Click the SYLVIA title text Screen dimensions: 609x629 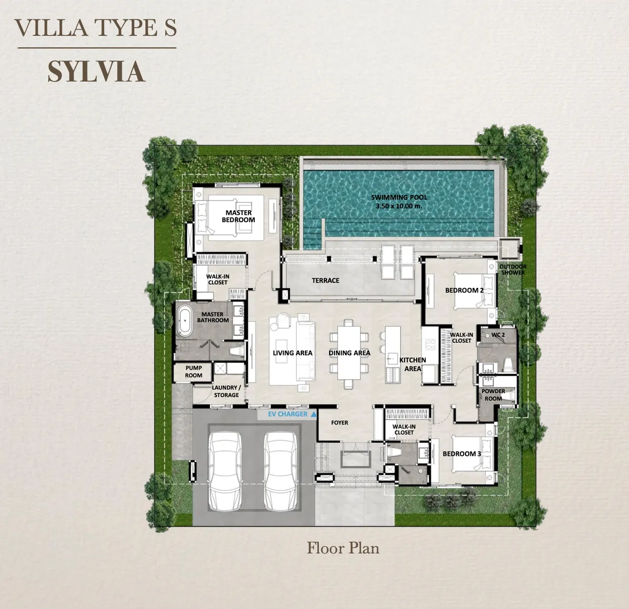click(96, 72)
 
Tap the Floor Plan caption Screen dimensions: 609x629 click(343, 548)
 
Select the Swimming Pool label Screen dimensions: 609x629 click(399, 202)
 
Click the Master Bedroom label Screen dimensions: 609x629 click(238, 216)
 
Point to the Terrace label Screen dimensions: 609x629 click(326, 280)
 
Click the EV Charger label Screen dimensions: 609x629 click(288, 414)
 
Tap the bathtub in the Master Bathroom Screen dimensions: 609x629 click(184, 321)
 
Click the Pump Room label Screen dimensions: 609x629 click(193, 372)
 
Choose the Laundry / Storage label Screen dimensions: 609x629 click(226, 391)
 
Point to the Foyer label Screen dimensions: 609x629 click(340, 422)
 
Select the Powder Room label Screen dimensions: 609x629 click(493, 395)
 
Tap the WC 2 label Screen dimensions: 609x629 click(498, 335)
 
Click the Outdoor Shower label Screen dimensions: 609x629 click(513, 269)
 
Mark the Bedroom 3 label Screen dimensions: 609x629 click(462, 454)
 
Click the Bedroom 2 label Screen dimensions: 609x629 click(464, 290)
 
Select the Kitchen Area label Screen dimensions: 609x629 click(413, 364)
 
